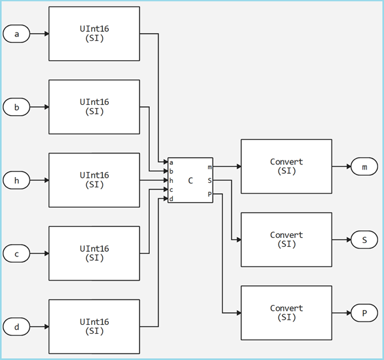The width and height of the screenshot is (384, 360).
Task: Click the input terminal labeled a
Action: (x=17, y=34)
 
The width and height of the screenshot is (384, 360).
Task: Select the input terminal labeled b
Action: (x=17, y=107)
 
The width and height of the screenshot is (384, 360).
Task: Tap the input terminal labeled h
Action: (x=17, y=180)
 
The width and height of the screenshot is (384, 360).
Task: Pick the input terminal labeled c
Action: (x=17, y=254)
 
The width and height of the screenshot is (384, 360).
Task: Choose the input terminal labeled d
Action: (x=17, y=327)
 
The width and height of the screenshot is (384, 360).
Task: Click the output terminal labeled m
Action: (x=365, y=167)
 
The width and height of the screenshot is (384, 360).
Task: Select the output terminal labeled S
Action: (x=365, y=240)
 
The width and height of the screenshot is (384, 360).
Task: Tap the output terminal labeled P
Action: (x=365, y=313)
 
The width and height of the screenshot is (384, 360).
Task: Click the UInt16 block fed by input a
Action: (x=94, y=34)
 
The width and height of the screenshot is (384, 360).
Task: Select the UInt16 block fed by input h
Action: (x=94, y=180)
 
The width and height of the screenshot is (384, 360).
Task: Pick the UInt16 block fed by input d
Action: (x=94, y=327)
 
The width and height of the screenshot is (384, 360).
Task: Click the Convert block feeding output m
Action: (x=286, y=167)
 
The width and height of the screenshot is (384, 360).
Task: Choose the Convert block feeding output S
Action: (x=286, y=240)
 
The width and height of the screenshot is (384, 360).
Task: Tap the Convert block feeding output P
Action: (x=286, y=313)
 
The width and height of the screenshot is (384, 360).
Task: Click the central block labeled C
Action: (x=190, y=180)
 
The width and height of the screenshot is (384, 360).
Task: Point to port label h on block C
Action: (x=172, y=181)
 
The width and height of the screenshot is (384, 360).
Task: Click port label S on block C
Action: (x=209, y=180)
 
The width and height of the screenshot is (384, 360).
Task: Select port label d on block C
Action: (x=172, y=199)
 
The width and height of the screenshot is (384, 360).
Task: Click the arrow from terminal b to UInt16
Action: (x=39, y=107)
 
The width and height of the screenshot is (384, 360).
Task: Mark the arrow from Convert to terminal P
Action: (x=341, y=313)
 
